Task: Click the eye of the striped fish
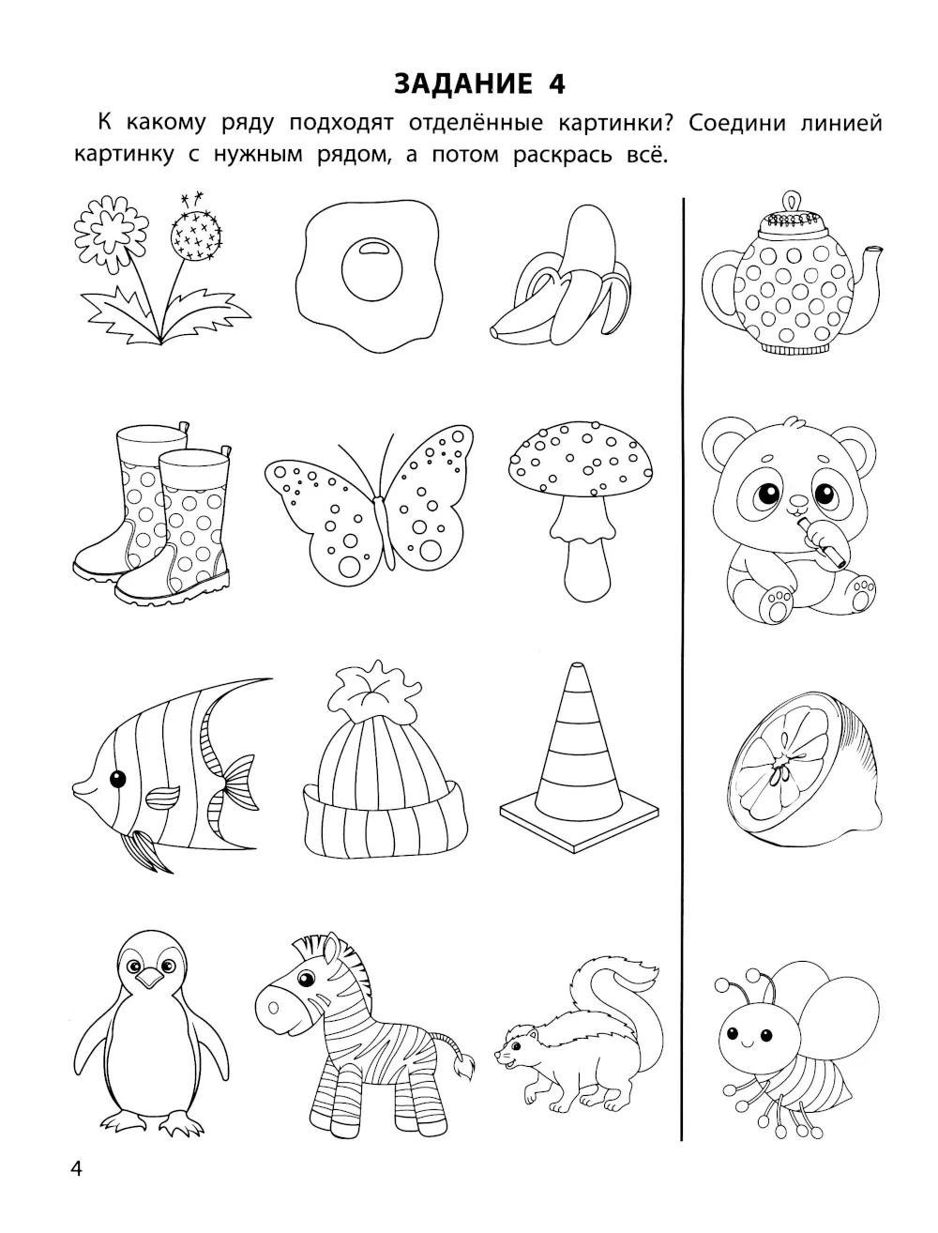pyautogui.click(x=117, y=779)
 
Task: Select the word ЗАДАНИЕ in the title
pyautogui.click(x=463, y=84)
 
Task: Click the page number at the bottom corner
pyautogui.click(x=76, y=1169)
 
